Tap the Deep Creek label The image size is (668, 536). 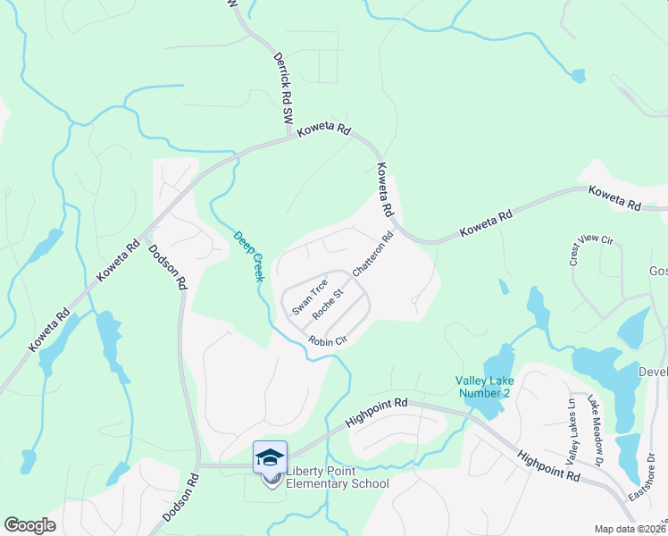click(249, 256)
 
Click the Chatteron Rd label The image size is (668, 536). click(373, 255)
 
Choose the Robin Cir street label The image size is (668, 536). click(327, 340)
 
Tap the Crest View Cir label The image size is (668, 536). click(592, 252)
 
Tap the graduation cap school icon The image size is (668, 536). click(270, 457)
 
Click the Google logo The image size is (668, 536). click(30, 525)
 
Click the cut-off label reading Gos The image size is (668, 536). click(657, 271)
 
